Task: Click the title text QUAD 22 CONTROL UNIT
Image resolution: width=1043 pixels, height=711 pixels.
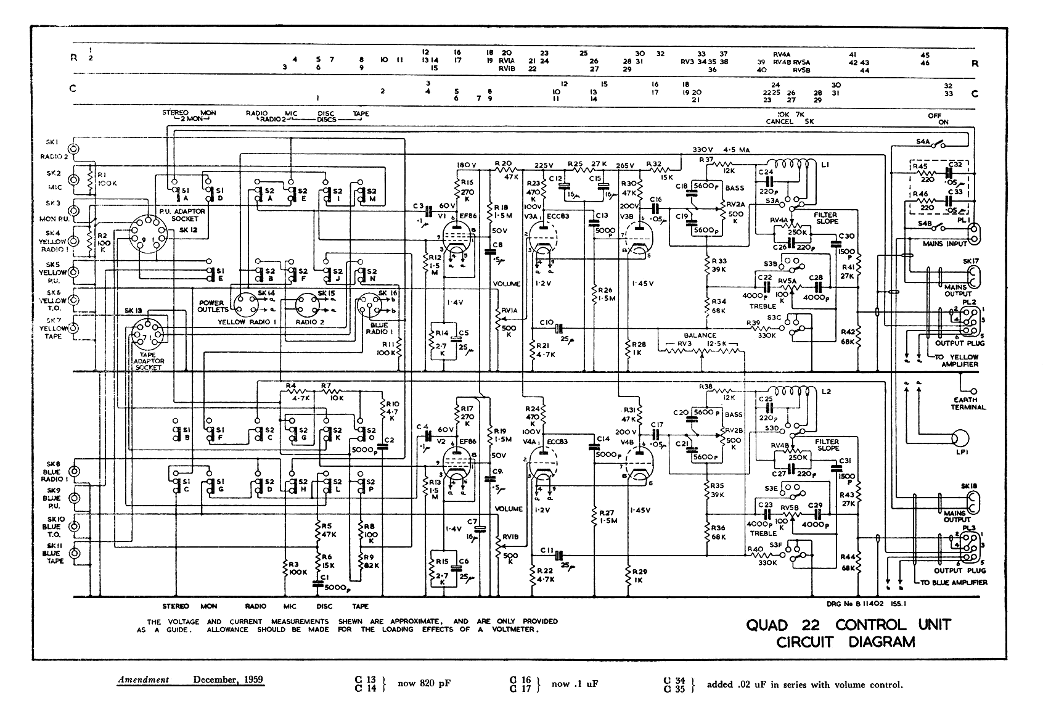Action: [x=848, y=625]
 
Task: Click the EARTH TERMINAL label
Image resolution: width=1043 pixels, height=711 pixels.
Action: [x=968, y=403]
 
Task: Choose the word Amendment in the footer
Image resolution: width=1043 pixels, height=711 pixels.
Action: [x=144, y=680]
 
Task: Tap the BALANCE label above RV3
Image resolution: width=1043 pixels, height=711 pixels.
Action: [x=699, y=335]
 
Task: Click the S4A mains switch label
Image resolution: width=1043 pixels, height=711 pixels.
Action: [x=923, y=141]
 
